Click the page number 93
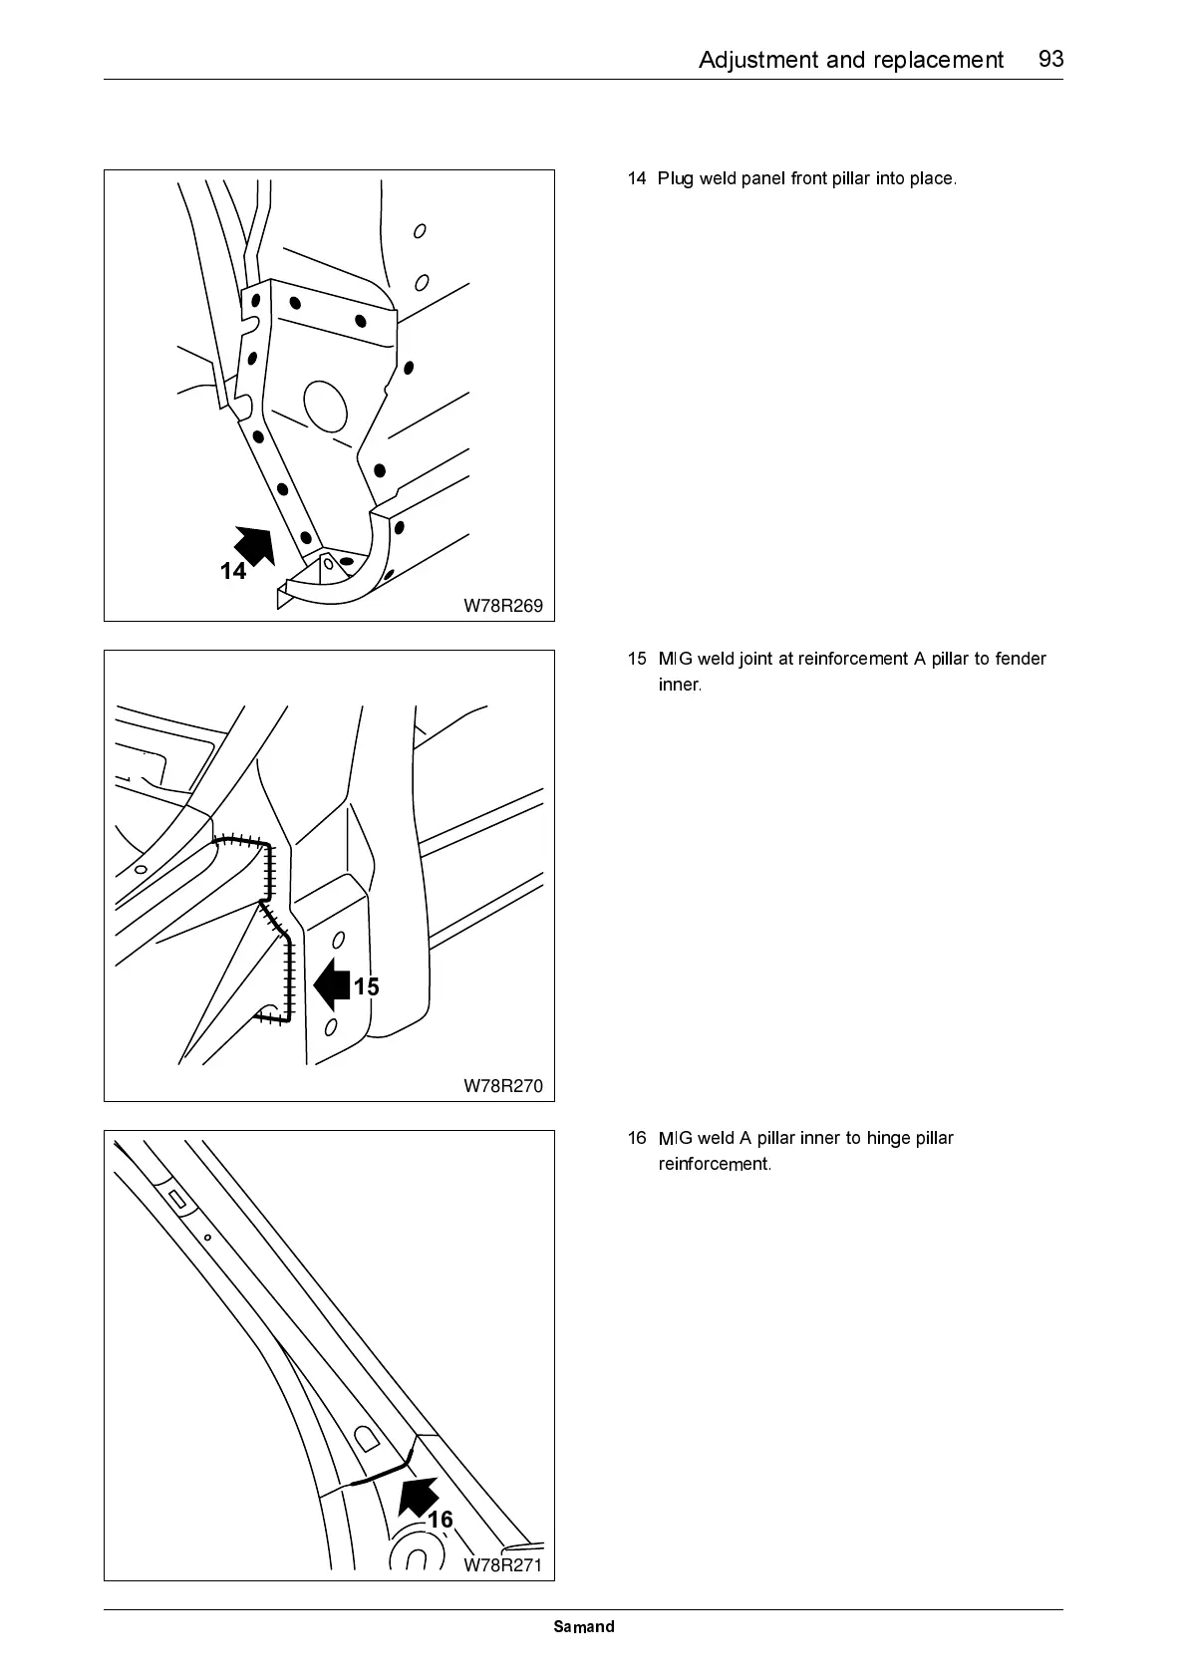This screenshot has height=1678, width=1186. point(1050,59)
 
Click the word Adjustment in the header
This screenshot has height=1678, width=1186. point(758,60)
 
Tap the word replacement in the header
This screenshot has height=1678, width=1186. point(938,60)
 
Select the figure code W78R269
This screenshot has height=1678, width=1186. point(503,606)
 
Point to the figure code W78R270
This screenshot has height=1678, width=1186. point(503,1086)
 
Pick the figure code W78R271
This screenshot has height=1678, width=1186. point(503,1565)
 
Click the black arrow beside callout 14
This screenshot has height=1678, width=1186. point(254,546)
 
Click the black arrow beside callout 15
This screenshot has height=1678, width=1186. point(331,984)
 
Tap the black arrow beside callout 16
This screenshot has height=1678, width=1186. point(418,1496)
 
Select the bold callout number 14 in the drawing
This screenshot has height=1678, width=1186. point(233,571)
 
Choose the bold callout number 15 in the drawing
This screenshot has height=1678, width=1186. point(367,986)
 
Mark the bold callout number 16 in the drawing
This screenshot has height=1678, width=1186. point(441,1520)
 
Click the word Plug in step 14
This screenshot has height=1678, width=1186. point(675,179)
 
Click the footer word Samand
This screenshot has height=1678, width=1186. point(584,1627)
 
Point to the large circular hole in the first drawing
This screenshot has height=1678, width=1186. point(324,404)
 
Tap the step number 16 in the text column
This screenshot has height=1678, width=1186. point(637,1138)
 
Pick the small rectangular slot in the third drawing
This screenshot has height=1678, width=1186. point(179,1199)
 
